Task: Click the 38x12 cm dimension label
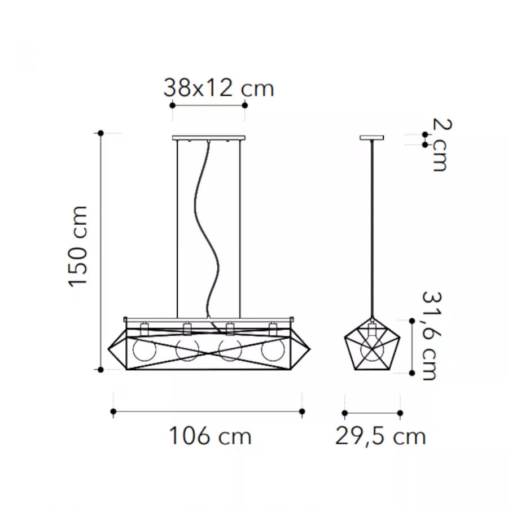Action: [218, 88]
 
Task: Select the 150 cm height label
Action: [78, 247]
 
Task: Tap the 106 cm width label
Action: [211, 436]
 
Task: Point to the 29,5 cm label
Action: [380, 436]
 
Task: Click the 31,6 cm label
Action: [431, 335]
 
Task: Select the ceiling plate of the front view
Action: [209, 138]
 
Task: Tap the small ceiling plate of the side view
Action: [372, 138]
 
